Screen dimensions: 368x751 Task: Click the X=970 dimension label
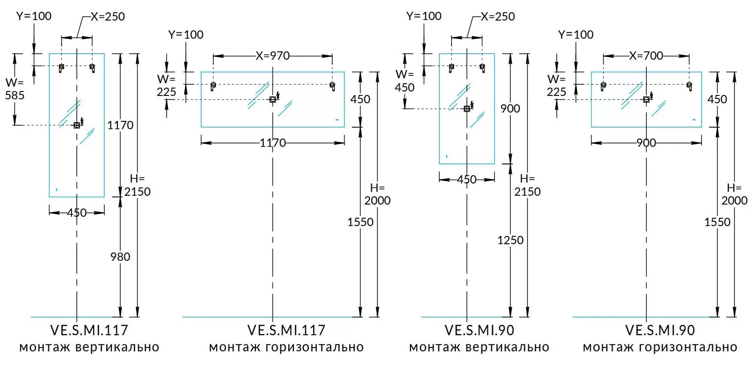[273, 56]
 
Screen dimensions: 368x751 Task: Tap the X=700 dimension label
[646, 56]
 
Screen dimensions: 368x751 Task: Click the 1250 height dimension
[510, 240]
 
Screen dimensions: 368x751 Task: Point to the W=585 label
[15, 88]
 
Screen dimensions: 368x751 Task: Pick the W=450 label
[405, 81]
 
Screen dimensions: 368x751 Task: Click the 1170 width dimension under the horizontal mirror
[273, 143]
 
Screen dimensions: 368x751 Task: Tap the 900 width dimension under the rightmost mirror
[646, 143]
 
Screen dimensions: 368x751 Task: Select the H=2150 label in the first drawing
[137, 185]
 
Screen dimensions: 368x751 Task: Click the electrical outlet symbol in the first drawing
[77, 125]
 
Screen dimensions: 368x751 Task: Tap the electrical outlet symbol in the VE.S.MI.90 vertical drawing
[467, 109]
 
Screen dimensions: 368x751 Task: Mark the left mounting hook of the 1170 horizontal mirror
[213, 87]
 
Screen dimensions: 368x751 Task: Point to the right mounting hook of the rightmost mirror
[689, 86]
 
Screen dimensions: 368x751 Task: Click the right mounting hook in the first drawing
[92, 68]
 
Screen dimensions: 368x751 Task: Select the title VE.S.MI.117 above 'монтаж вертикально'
[89, 330]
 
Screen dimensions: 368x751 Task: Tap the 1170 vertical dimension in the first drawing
[120, 125]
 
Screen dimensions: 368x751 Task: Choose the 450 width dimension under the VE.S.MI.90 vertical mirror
[466, 180]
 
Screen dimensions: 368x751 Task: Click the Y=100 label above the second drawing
[185, 35]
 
